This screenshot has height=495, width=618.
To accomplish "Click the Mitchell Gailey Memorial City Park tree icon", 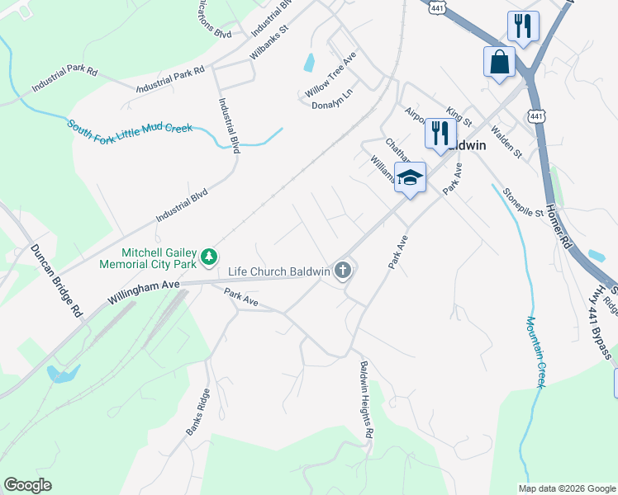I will coord(210,257).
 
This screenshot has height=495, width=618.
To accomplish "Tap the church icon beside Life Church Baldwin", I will coord(343,270).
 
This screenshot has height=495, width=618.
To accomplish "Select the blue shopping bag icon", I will coord(499,62).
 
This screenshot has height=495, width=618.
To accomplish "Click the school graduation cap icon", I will coord(410,177).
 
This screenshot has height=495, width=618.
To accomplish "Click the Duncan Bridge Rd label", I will coord(57,281).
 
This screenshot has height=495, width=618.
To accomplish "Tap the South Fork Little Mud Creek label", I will coord(130,128).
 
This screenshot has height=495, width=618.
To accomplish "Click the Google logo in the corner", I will coord(28,484).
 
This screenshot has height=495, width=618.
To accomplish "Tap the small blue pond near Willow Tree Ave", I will coord(309,62).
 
